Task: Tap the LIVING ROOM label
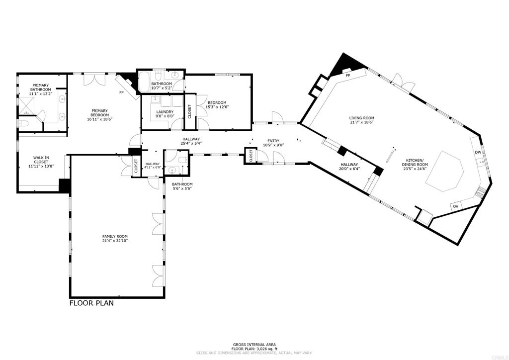click(x=361, y=118)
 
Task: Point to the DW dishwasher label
click(x=477, y=153)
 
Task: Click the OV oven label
click(x=455, y=206)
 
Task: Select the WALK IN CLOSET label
click(x=41, y=159)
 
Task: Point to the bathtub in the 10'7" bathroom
click(x=145, y=82)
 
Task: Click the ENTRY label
click(x=273, y=141)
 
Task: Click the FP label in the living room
click(x=348, y=76)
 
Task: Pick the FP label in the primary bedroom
click(x=121, y=92)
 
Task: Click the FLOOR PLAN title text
click(x=91, y=303)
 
